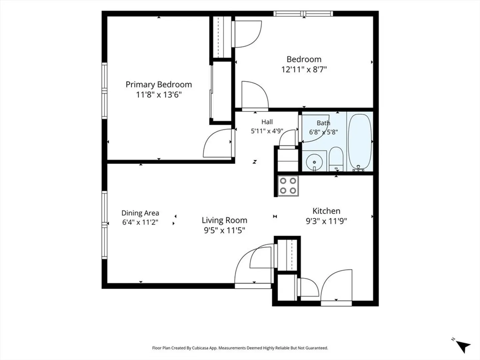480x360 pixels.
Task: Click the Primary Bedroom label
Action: (159, 85)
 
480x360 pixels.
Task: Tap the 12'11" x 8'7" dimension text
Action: (304, 70)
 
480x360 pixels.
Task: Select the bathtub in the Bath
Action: (360, 142)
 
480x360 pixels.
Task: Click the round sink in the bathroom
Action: (314, 162)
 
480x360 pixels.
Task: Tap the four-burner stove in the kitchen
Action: (288, 186)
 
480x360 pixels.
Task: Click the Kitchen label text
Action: (326, 211)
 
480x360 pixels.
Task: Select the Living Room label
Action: (224, 220)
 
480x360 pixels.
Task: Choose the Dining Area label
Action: (140, 213)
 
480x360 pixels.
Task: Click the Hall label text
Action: (267, 122)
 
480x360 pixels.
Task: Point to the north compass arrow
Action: (462, 346)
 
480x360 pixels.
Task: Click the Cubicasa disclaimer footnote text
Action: (240, 348)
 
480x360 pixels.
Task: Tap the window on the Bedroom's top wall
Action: (303, 14)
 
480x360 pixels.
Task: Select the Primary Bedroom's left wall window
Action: (105, 91)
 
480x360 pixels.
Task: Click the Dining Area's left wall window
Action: (105, 225)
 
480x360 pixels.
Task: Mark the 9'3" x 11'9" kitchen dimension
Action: (326, 221)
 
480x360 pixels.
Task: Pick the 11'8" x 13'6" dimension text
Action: (159, 95)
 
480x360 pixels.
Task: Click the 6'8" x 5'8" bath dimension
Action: (323, 132)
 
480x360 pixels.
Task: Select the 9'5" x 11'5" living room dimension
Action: (224, 230)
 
